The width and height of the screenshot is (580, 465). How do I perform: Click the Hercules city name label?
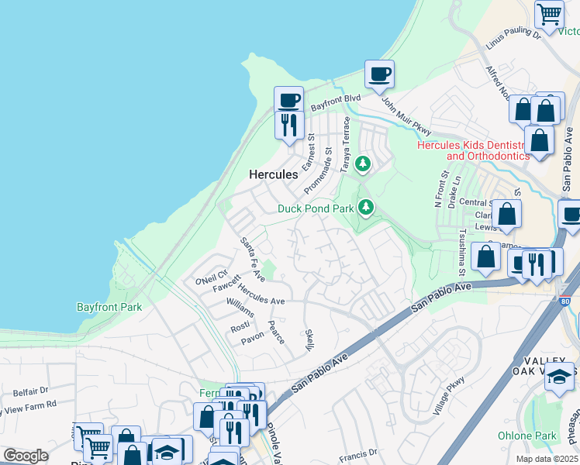[x=273, y=175]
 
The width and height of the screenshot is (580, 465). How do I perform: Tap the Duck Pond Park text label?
[x=316, y=208]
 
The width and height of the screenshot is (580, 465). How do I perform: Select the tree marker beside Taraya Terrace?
[x=362, y=164]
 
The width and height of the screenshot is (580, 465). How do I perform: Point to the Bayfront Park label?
[x=109, y=307]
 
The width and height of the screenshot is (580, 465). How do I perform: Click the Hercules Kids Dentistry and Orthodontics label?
[x=473, y=150]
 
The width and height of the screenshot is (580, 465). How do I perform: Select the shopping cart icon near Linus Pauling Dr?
[x=549, y=14]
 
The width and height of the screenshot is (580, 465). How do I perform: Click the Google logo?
[x=26, y=456]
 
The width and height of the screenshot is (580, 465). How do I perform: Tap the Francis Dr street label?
[x=357, y=452]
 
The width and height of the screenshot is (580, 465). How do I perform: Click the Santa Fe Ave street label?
[x=252, y=259]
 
